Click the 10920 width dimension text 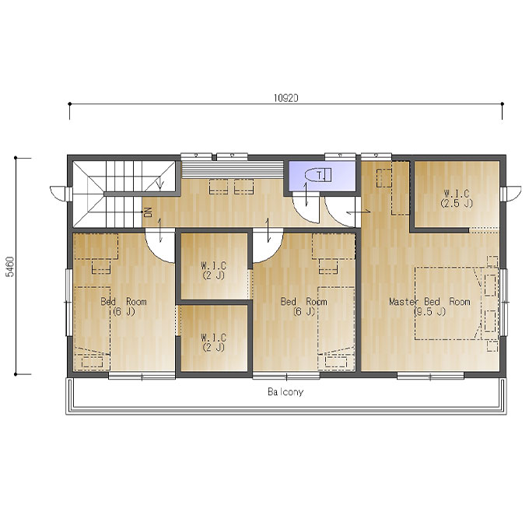[x=286, y=98]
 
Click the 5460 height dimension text [x=10, y=267]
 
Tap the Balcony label [x=286, y=391]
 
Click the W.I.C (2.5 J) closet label [x=457, y=198]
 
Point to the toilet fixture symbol [x=318, y=175]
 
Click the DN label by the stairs [x=148, y=212]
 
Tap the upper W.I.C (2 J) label [x=214, y=270]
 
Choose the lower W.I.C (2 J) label [x=214, y=342]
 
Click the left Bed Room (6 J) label [x=124, y=306]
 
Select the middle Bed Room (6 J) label [x=303, y=306]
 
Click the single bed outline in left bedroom [x=92, y=328]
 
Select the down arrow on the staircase [x=160, y=184]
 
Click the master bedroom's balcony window [x=430, y=376]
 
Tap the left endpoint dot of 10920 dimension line [x=70, y=103]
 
